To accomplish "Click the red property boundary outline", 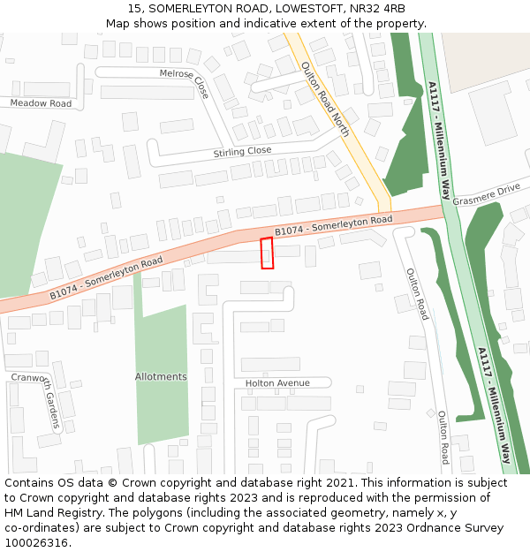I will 267,253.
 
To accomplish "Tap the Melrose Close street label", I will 184,83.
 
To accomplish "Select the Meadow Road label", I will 41,103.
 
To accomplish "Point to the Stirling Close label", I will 242,152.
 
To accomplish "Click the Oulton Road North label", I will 325,98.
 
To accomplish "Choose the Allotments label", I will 161,377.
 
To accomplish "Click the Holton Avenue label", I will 277,383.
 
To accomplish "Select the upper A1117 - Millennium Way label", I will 439,139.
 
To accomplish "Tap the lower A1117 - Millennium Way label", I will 495,405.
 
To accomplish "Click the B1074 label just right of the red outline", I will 333,225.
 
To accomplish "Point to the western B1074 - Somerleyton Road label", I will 106,276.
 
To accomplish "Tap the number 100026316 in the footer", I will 34,542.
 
